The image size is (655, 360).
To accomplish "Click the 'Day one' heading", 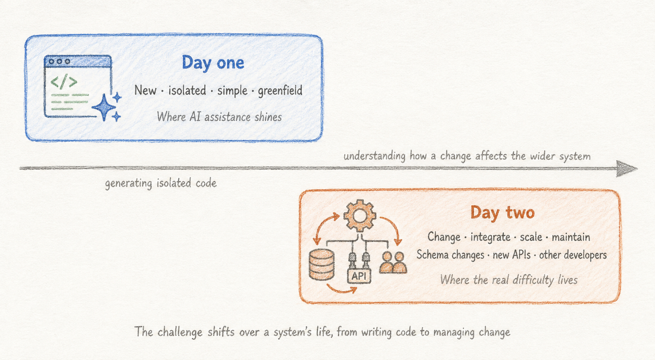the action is [213, 63].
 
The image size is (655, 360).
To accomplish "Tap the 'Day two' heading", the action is [502, 213].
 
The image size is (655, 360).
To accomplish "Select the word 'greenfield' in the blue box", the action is [280, 91].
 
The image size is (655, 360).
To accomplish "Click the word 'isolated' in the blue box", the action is [187, 91].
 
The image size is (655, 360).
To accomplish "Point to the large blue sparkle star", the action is [104, 107].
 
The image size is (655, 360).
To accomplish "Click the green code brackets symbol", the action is [64, 81].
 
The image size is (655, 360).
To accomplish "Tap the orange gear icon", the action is [360, 215].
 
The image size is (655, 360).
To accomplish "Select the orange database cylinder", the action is [321, 265].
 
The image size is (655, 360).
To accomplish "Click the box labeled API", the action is [359, 276].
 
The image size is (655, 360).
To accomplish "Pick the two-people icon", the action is [393, 262].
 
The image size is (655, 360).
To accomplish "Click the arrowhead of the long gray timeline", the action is [627, 169].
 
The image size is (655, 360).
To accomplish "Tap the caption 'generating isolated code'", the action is [161, 183].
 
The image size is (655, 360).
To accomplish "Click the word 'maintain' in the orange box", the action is [571, 237].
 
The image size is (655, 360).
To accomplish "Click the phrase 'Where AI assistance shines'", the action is [219, 117].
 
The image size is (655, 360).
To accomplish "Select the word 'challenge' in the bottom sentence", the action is [180, 332].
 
